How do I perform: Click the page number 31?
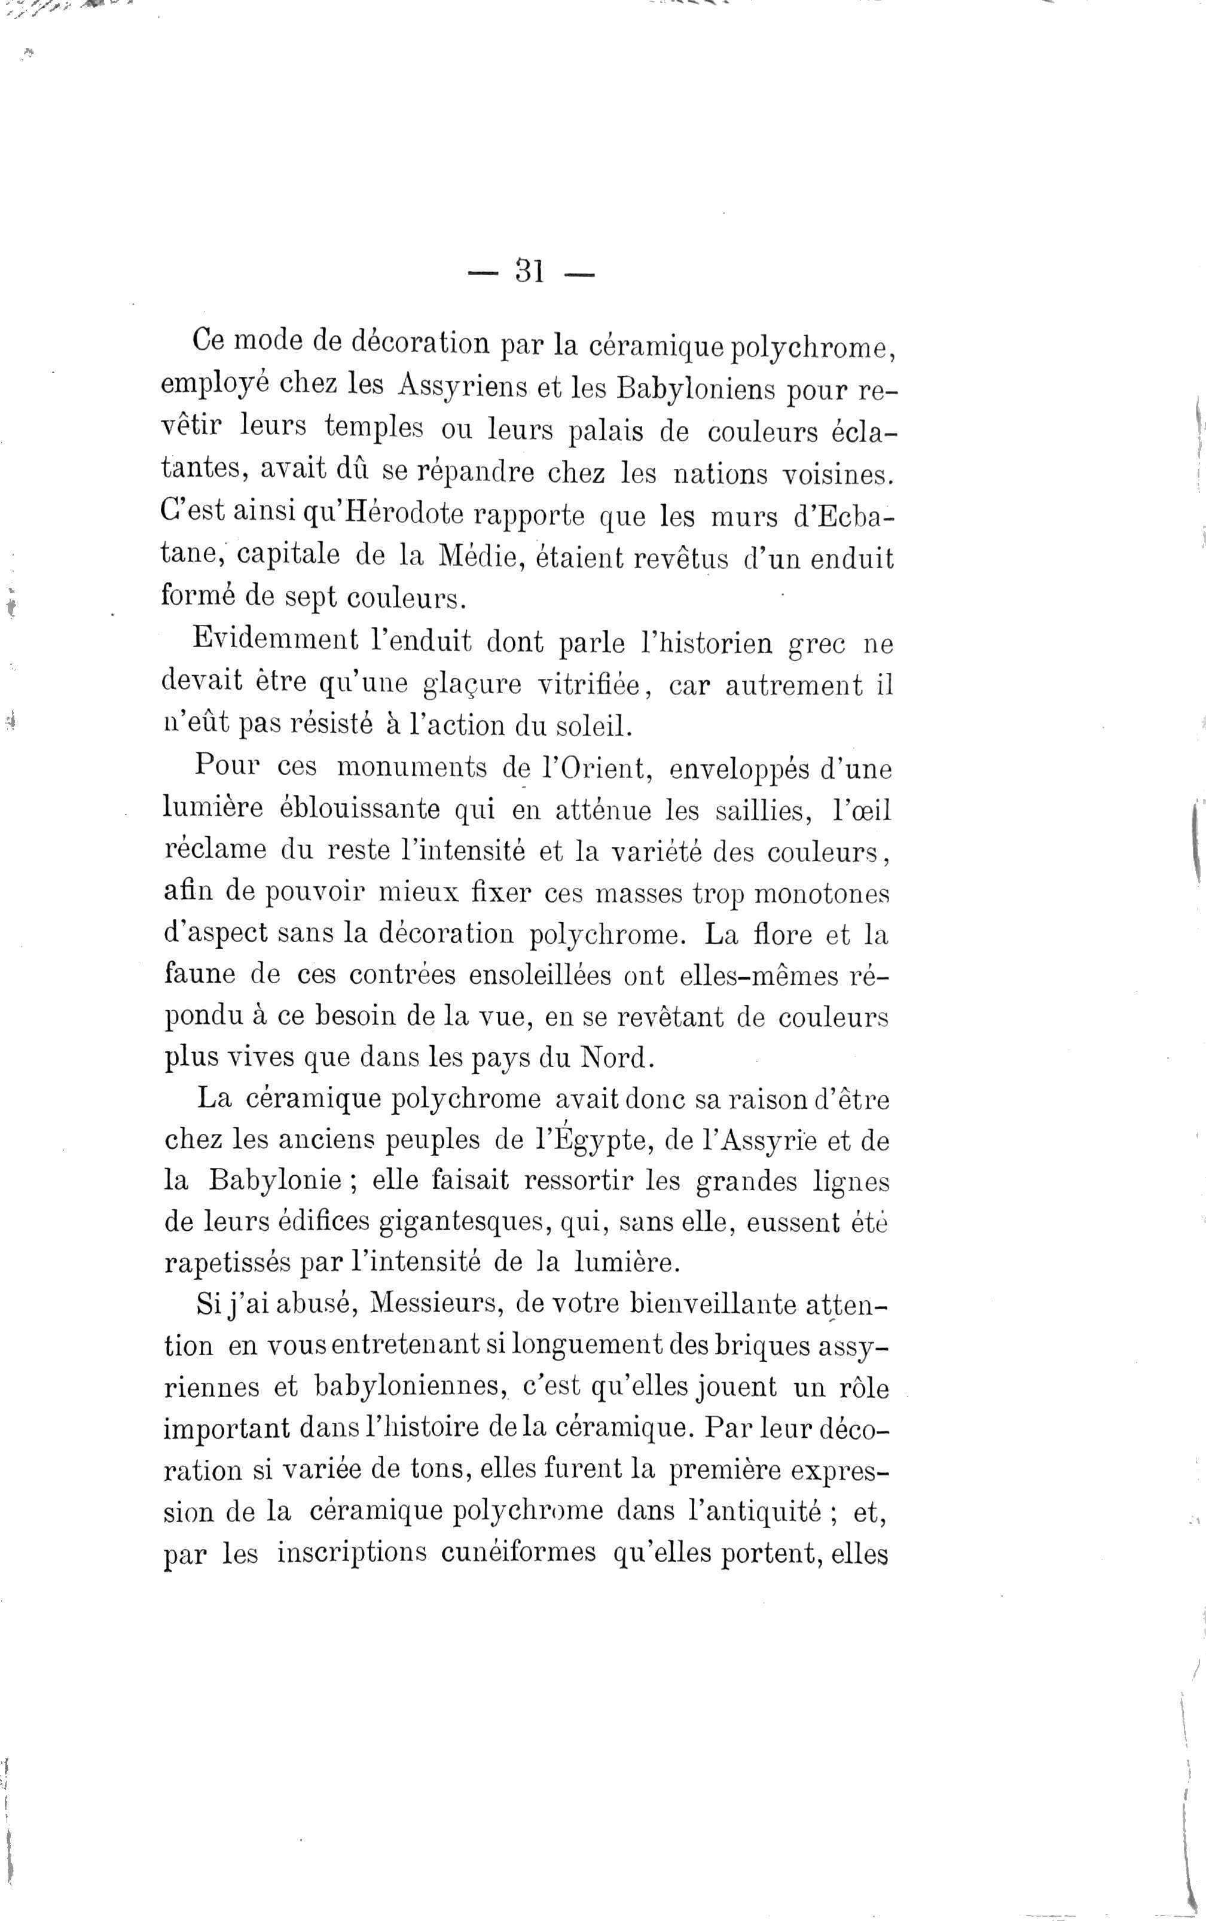(530, 272)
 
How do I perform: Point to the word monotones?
(822, 894)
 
